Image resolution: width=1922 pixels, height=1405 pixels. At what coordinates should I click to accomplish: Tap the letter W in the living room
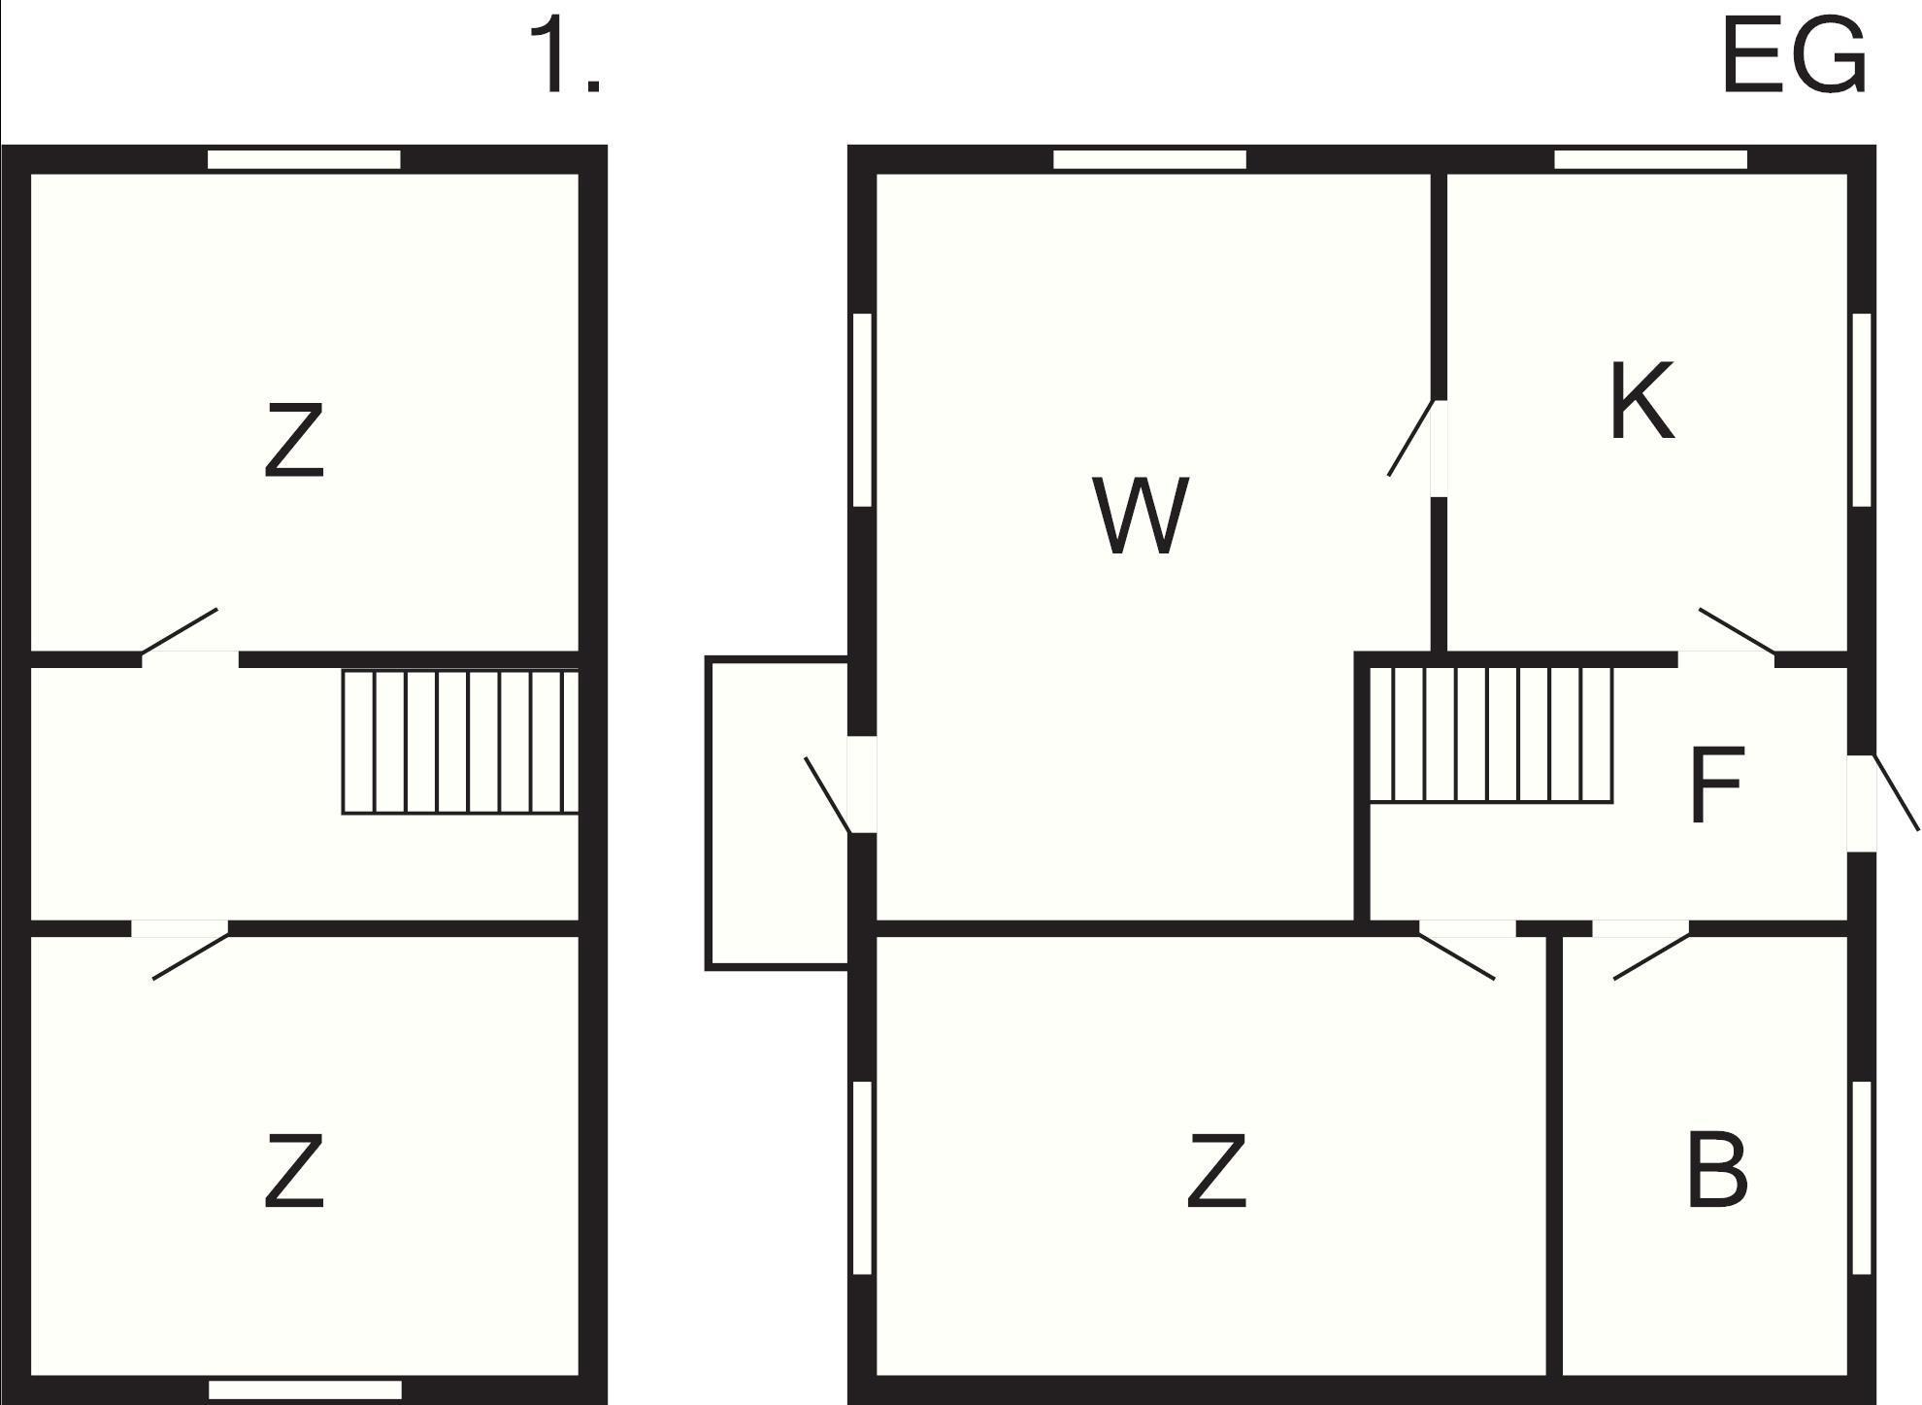(x=1141, y=516)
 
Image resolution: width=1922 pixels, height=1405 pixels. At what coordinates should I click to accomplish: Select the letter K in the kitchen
(x=1641, y=400)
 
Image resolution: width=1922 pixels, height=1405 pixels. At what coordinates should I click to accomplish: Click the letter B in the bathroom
(x=1717, y=1169)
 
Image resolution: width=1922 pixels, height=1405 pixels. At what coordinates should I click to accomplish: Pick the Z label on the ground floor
(x=1217, y=1171)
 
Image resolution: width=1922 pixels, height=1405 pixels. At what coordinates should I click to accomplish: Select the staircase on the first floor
(x=460, y=741)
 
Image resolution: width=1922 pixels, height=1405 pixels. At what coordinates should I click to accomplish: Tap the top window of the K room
(x=1650, y=160)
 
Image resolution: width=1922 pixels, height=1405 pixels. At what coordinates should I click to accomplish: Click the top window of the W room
(x=1149, y=160)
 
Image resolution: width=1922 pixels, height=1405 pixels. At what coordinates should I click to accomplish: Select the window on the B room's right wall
(x=1861, y=1178)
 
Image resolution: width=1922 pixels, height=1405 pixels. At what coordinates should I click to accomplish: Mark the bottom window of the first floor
(x=305, y=1390)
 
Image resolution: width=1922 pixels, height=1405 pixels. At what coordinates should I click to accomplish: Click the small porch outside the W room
(x=778, y=813)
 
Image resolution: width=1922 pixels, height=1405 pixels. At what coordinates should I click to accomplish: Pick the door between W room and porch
(x=841, y=786)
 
